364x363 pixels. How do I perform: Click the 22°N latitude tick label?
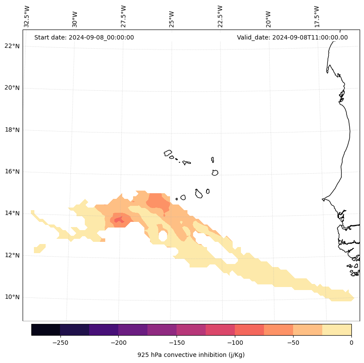pos(11,46)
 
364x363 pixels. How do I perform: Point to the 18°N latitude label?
pos(11,130)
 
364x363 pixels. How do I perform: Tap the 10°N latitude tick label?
pos(11,297)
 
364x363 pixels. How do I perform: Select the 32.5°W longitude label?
pos(27,16)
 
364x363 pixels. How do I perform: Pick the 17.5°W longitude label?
pos(317,16)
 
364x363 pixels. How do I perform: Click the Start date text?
pos(84,37)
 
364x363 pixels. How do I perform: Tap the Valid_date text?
pos(292,37)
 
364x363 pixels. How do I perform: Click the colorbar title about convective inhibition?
pos(191,355)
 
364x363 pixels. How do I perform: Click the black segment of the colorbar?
pos(46,330)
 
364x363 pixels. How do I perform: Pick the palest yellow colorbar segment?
pos(337,330)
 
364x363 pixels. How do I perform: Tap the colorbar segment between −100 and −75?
pos(249,330)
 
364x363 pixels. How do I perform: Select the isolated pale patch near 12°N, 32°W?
pos(40,249)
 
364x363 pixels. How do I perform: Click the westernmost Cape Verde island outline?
pos(168,153)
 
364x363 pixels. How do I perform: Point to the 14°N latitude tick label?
pos(11,213)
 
